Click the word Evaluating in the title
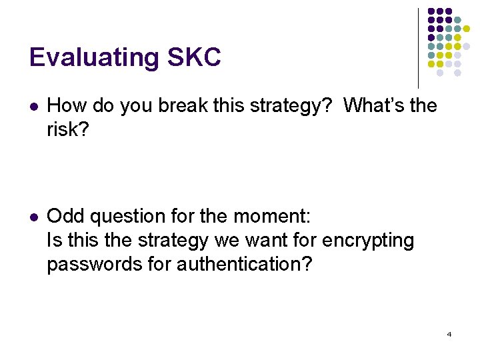pos(94,58)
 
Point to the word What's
pos(373,105)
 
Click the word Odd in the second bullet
pos(65,216)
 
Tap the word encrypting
pos(377,240)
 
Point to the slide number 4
pos(449,333)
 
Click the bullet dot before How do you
pos(33,106)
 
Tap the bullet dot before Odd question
pos(33,217)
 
